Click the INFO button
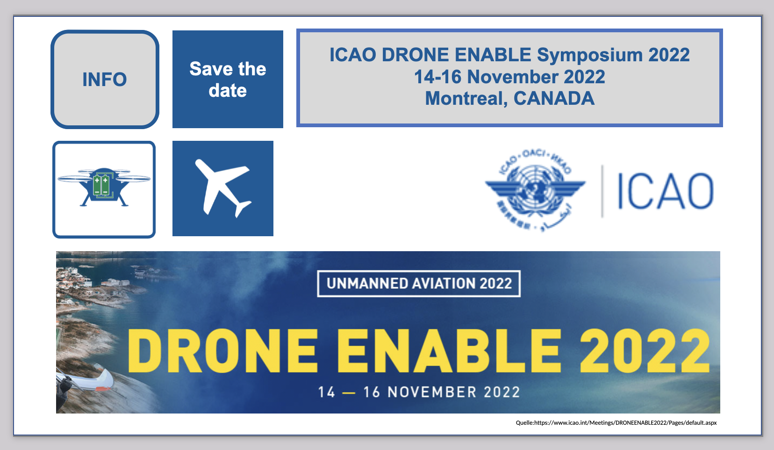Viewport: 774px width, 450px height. click(105, 80)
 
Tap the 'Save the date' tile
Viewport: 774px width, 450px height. click(228, 80)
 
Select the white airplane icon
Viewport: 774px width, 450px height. click(223, 188)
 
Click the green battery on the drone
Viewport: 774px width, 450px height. click(101, 185)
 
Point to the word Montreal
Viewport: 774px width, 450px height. click(466, 99)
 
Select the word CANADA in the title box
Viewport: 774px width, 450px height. click(554, 99)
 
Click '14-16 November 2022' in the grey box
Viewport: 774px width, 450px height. click(509, 77)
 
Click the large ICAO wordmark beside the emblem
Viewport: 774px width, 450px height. click(665, 191)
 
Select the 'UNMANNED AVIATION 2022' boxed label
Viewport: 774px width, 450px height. click(419, 283)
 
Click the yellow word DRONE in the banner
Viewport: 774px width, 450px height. click(223, 351)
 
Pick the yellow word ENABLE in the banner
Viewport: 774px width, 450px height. click(449, 351)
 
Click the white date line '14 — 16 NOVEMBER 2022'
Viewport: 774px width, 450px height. click(419, 392)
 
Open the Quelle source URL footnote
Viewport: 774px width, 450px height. click(616, 423)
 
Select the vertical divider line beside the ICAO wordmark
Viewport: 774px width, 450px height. click(602, 191)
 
